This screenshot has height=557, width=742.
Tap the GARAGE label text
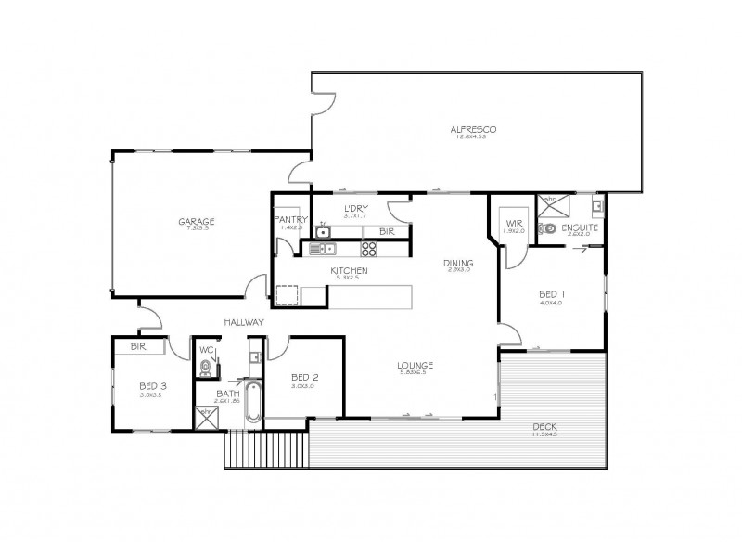197,221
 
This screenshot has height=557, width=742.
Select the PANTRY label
290,219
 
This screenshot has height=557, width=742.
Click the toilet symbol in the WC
205,368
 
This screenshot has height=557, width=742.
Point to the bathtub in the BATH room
252,401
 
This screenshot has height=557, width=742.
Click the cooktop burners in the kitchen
368,248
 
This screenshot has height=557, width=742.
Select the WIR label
513,223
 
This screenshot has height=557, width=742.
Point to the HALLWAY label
244,322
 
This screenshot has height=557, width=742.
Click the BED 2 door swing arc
276,348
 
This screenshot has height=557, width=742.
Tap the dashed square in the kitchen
287,295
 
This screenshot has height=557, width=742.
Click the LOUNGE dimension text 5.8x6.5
414,372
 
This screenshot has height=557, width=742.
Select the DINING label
459,262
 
